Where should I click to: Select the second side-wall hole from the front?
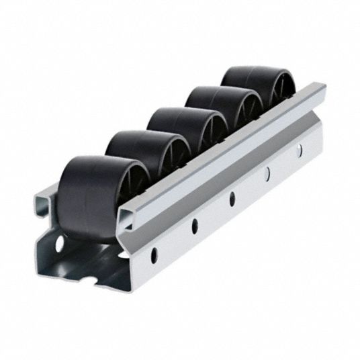coord(195,224)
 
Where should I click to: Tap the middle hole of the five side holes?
coord(232,198)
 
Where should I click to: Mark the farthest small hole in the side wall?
coord(298,150)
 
